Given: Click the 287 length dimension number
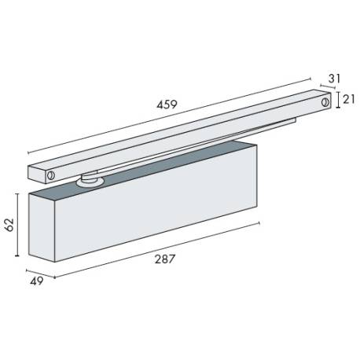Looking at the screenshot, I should click(164, 259).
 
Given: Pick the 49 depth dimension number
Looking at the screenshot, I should click(36, 281).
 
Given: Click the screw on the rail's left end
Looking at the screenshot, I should click(50, 175).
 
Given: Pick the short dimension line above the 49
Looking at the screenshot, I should click(41, 271).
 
